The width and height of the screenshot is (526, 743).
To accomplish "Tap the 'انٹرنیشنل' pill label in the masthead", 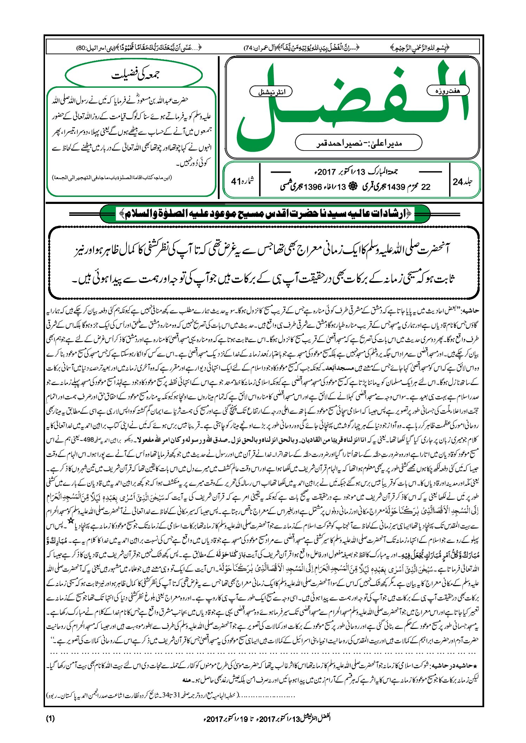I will click(x=271, y=92).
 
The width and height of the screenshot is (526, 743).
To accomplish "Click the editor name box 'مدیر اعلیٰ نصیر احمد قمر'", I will click(x=358, y=143).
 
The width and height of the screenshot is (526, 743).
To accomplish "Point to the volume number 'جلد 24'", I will click(x=463, y=182).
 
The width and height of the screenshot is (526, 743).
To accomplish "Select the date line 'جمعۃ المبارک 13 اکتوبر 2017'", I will click(x=356, y=172).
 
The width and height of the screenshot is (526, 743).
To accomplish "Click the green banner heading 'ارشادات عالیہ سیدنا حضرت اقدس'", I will click(x=265, y=214).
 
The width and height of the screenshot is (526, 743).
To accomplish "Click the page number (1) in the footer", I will click(x=50, y=718).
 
